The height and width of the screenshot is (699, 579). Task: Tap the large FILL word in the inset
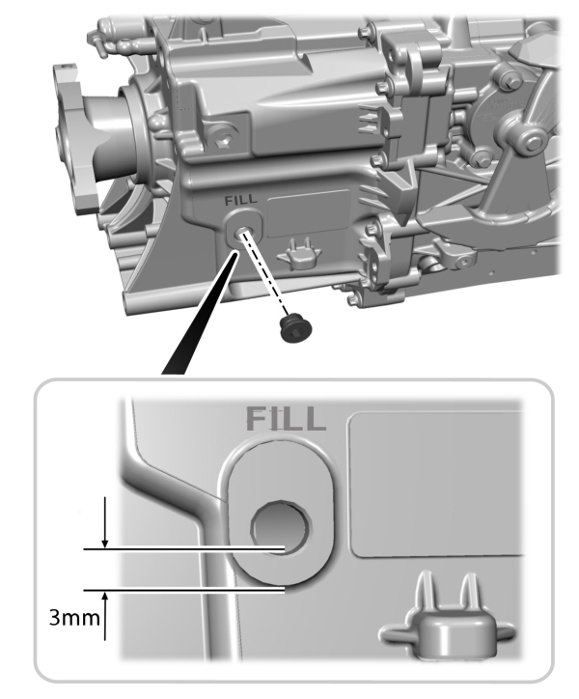[x=285, y=419]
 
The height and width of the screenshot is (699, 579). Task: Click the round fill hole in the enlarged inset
[x=279, y=526]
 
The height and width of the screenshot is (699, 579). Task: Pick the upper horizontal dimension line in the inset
[x=183, y=549]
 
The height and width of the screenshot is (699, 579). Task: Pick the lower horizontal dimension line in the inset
[x=183, y=589]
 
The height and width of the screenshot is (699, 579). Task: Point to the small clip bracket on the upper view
[x=298, y=254]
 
